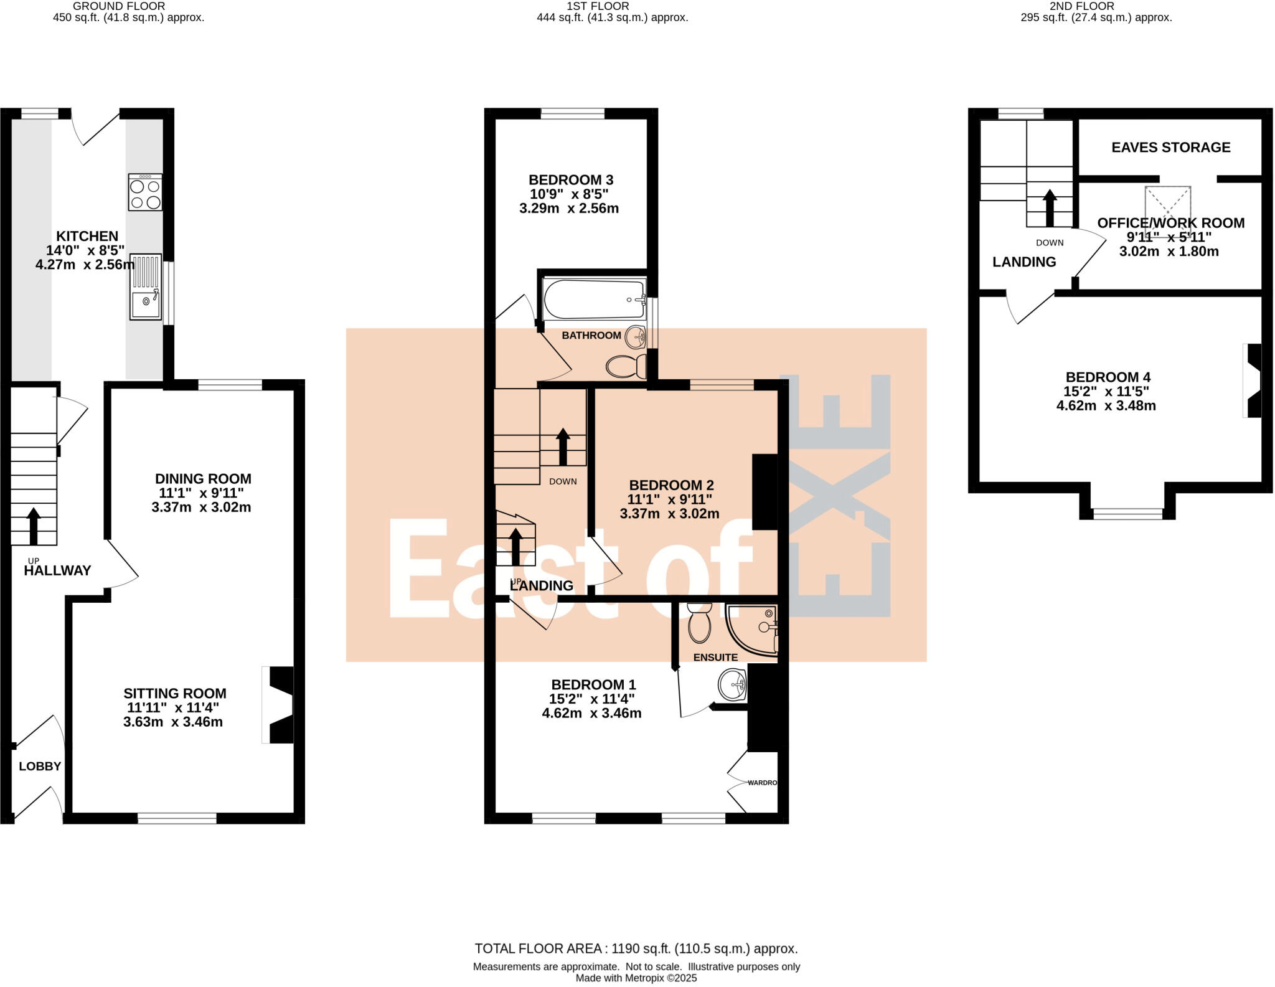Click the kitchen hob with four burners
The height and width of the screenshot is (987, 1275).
click(x=145, y=192)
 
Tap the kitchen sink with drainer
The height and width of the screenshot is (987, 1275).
click(x=146, y=287)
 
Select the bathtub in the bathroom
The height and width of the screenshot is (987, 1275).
click(x=593, y=300)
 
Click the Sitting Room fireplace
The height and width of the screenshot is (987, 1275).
click(x=278, y=704)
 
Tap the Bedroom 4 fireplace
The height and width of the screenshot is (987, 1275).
click(x=1253, y=380)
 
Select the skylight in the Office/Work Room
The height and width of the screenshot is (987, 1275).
click(x=1167, y=202)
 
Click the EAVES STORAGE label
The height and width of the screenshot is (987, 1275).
click(x=1170, y=148)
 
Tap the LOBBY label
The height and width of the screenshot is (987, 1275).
click(x=40, y=767)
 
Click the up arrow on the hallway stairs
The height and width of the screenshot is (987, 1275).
click(x=34, y=525)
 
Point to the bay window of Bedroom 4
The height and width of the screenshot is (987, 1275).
click(x=1127, y=513)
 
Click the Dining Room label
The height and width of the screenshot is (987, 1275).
click(x=203, y=479)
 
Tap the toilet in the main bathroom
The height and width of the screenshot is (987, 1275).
click(x=626, y=366)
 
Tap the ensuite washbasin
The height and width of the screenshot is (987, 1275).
click(x=732, y=685)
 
